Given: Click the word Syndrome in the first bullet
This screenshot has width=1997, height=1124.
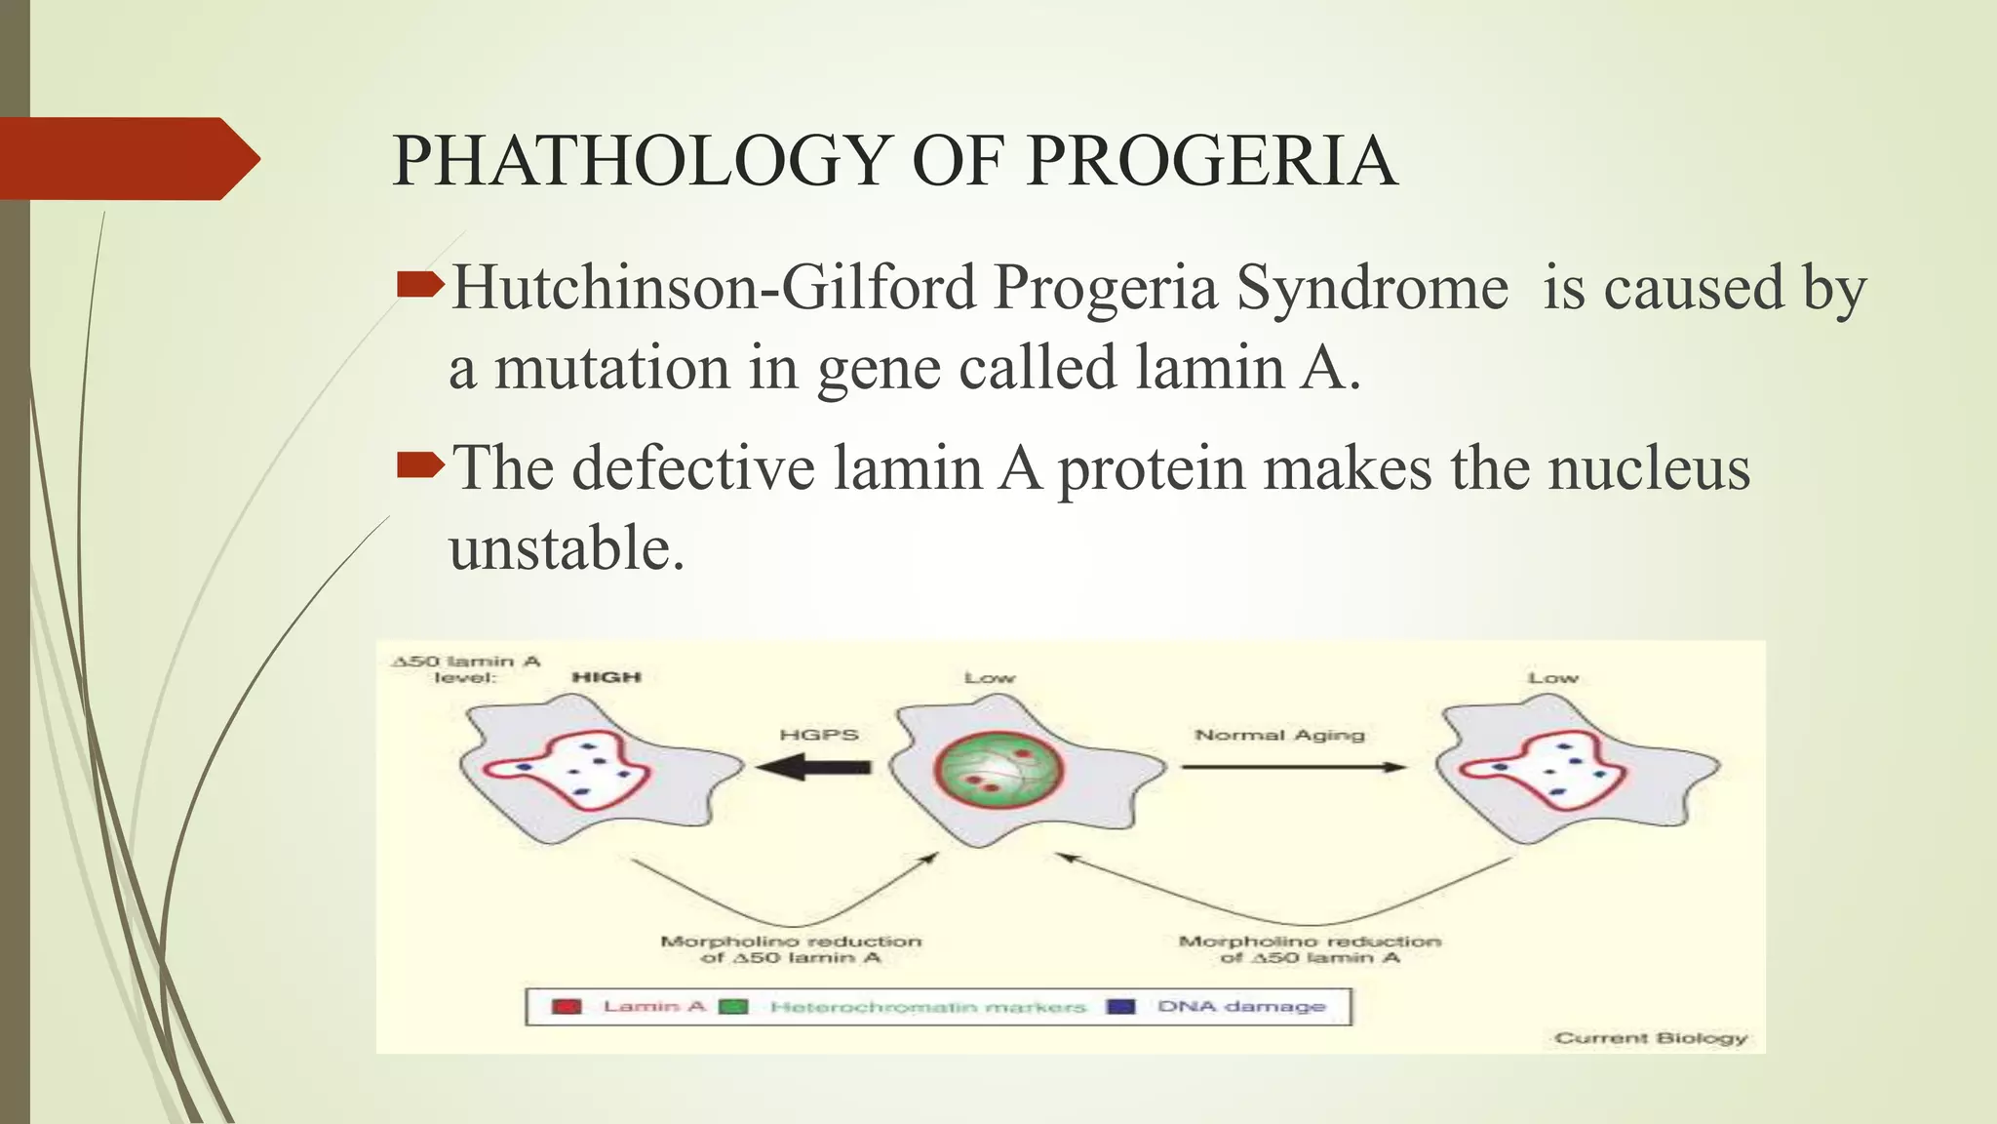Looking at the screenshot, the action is pos(1372,289).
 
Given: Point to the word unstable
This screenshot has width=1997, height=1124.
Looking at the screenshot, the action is pos(566,548).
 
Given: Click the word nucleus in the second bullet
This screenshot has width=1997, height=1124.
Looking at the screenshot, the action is pos(1649,468).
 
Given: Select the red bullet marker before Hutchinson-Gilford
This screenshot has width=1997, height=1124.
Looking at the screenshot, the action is pos(420,285).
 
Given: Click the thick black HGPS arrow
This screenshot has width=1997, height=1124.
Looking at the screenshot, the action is pos(813,767).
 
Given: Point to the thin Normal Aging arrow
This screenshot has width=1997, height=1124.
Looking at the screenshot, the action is pos(1293,767).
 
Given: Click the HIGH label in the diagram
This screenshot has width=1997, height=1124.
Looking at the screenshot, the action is pos(606,677).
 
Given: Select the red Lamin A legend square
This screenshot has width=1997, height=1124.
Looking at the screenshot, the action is pos(567,1007).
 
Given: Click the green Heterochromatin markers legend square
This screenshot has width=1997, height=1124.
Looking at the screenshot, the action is pos(733,1007).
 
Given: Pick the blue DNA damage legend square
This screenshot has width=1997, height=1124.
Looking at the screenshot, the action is pos(1121,1007).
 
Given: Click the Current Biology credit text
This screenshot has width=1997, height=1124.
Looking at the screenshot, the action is pos(1651,1038).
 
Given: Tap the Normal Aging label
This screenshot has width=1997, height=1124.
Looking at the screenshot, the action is pos(1279,735).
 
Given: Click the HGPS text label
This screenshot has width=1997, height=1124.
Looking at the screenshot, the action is pos(819,735).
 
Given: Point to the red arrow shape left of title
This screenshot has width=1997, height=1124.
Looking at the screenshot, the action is pos(127,158).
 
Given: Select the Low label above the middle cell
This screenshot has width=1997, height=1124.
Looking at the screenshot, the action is pos(990,677).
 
